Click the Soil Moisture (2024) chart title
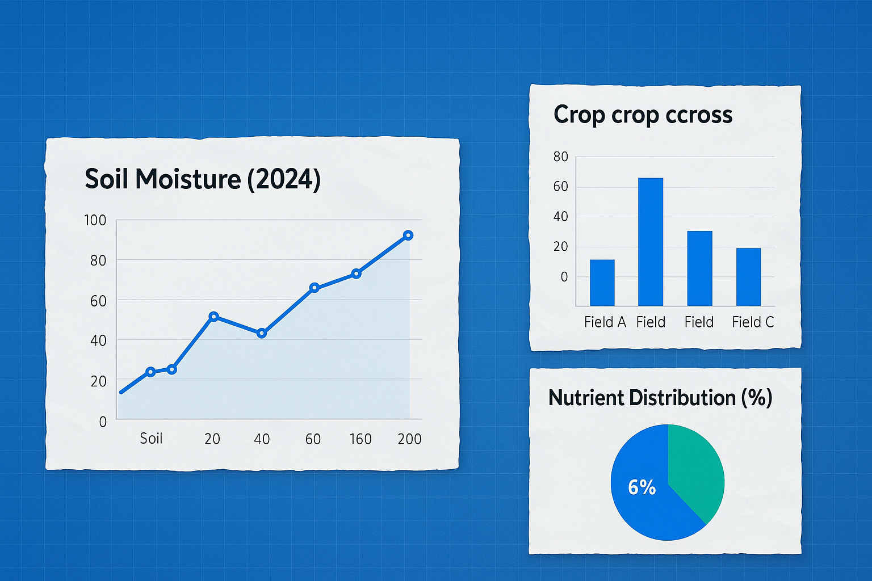point(203,179)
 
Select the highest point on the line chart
point(408,235)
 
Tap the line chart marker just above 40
point(262,333)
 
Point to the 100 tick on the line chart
point(95,220)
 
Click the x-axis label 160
point(360,439)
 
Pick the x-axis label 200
point(409,439)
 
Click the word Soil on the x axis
point(151,439)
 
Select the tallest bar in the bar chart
point(651,242)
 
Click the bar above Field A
point(602,283)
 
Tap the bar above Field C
point(748,277)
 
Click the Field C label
point(753,322)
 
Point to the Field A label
point(605,322)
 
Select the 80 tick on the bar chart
point(561,157)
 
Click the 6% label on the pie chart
point(642,487)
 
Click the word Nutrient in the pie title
point(585,398)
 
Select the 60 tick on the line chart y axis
point(98,301)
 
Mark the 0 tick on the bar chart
point(564,277)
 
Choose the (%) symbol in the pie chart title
point(757,398)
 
